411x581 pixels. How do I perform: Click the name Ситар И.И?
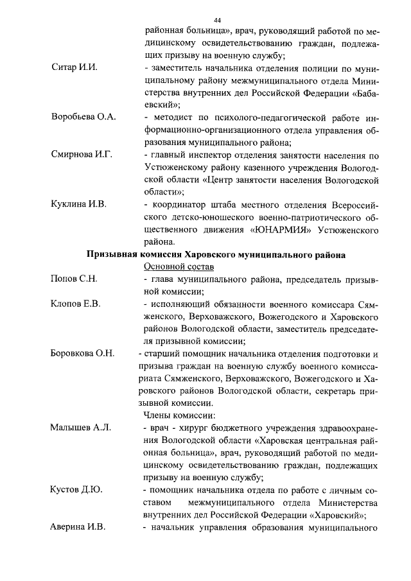pyautogui.click(x=74, y=69)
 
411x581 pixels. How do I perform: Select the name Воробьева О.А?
pyautogui.click(x=83, y=117)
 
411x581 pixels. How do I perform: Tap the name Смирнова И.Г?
pyautogui.click(x=82, y=155)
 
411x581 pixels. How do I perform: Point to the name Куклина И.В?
pyautogui.click(x=79, y=205)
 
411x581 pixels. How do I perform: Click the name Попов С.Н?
pyautogui.click(x=74, y=280)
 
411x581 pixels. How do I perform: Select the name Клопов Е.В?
pyautogui.click(x=76, y=304)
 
